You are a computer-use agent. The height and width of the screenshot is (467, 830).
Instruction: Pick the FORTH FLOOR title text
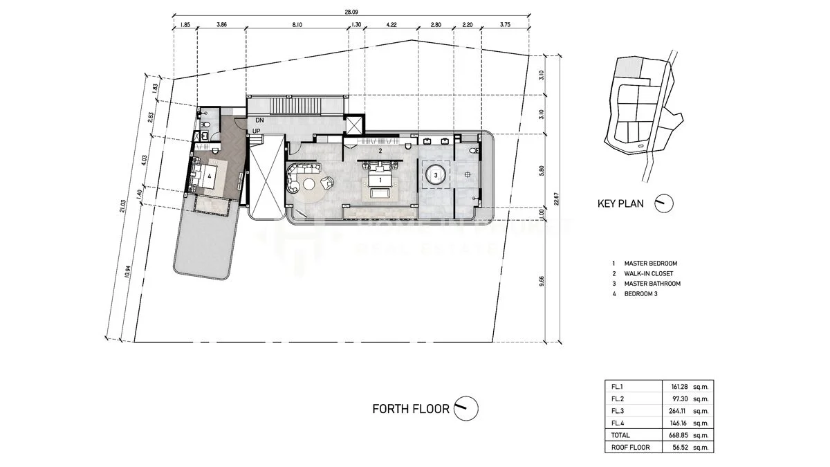pos(411,409)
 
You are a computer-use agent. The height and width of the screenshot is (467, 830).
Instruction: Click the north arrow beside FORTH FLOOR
pos(467,408)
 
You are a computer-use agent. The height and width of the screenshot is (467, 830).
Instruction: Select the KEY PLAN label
pos(620,203)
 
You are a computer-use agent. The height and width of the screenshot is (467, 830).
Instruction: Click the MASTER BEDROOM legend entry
pos(650,264)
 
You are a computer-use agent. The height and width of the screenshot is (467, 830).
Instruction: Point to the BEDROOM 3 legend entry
pos(642,293)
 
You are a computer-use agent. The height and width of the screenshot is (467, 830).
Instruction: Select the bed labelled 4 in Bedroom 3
pos(208,176)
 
